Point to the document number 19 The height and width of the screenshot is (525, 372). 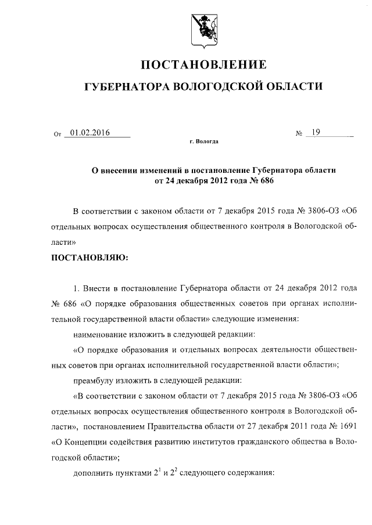[x=316, y=133]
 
